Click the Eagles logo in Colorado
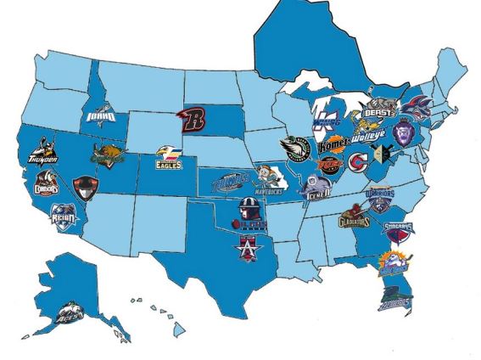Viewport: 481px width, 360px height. [168, 156]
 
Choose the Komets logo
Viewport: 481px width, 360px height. [333, 143]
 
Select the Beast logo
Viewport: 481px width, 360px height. [378, 109]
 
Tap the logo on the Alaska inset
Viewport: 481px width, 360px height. [67, 315]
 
